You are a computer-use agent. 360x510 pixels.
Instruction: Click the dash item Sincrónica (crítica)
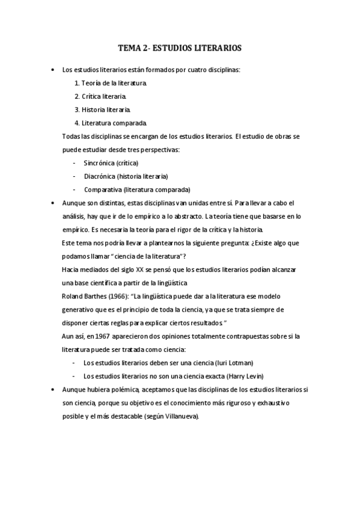click(x=111, y=163)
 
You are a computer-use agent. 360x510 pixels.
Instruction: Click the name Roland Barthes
click(x=85, y=296)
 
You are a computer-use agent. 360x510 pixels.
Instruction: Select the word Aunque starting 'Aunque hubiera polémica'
click(x=75, y=390)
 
